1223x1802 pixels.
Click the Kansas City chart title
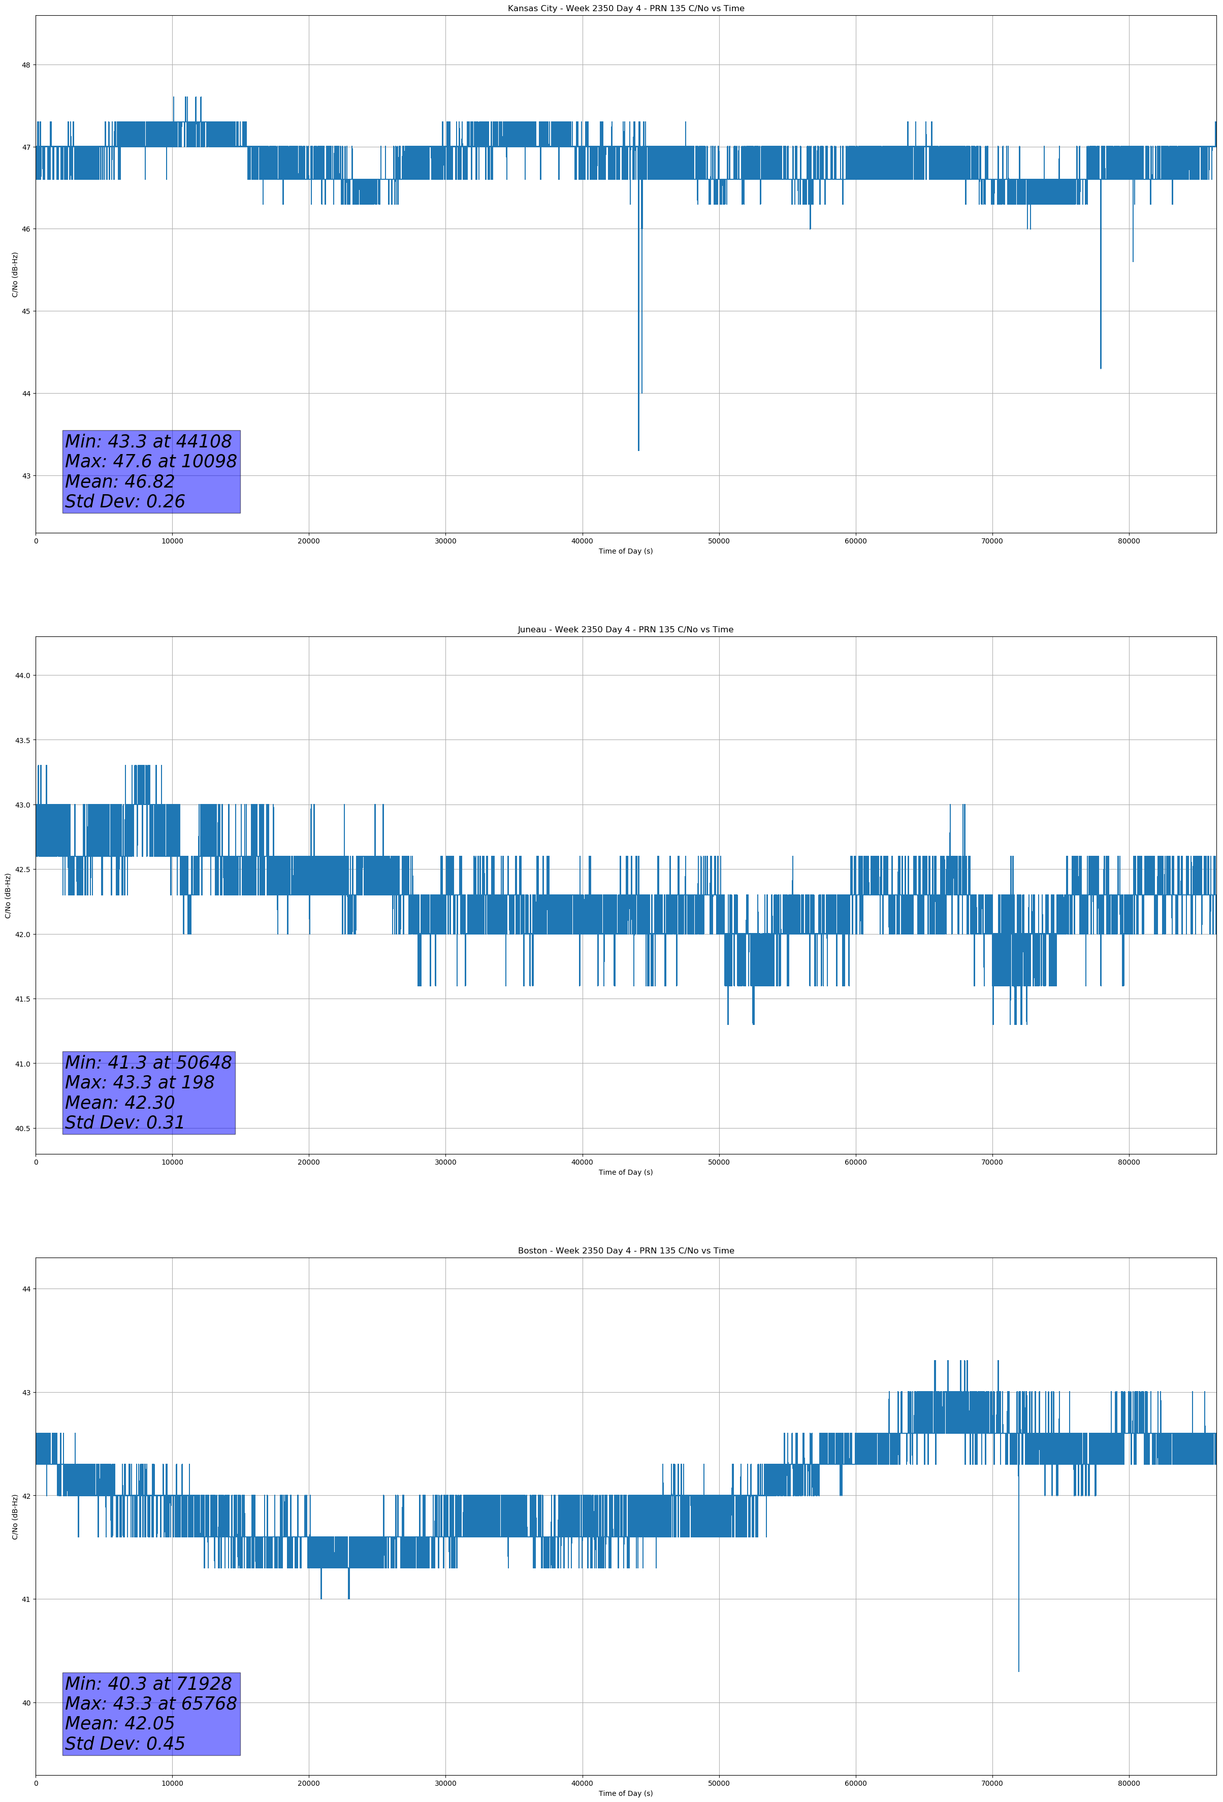[x=625, y=9]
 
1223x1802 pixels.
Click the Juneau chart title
[x=625, y=630]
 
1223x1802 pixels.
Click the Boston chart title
[x=625, y=1251]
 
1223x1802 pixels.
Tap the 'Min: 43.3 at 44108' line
[x=148, y=441]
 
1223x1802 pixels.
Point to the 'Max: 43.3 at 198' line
[x=140, y=1082]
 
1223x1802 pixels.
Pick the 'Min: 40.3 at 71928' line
[x=148, y=1683]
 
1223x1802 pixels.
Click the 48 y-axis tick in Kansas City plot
[x=25, y=65]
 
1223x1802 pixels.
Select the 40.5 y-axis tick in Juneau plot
[x=22, y=1129]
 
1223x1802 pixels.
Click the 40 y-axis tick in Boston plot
[x=25, y=1703]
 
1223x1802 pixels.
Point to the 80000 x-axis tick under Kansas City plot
[x=1129, y=541]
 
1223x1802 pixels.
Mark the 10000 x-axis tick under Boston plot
[x=172, y=1783]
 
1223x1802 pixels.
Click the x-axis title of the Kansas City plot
[x=625, y=551]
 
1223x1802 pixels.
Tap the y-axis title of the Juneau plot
[x=9, y=895]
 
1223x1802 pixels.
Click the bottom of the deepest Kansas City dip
[x=638, y=449]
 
